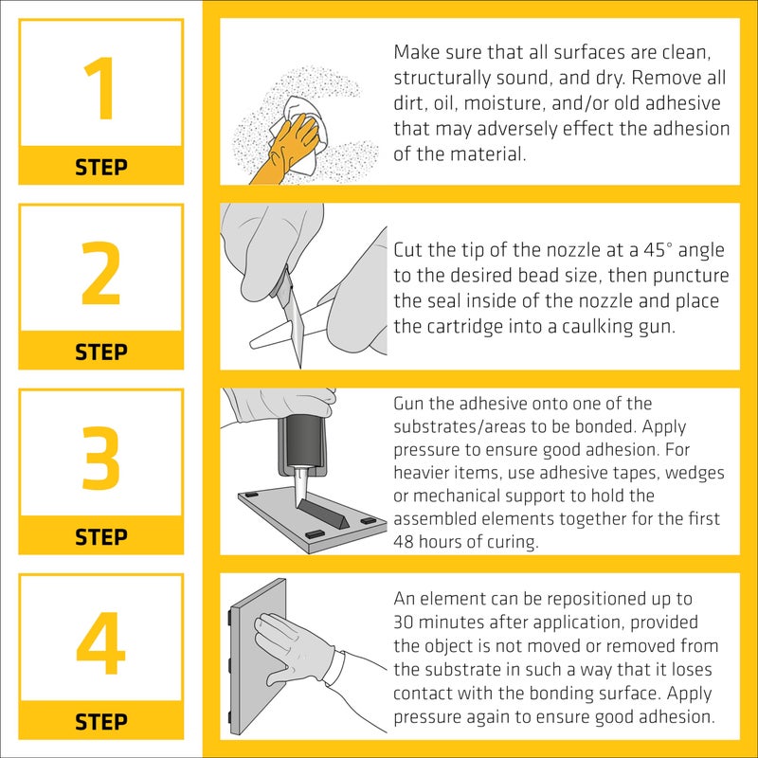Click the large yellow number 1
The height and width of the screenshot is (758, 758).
tap(101, 90)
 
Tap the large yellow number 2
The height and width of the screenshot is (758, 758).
tap(101, 275)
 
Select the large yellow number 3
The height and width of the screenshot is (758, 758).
tap(101, 460)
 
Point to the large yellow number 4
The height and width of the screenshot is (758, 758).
tap(101, 644)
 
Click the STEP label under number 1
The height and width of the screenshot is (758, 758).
tap(101, 168)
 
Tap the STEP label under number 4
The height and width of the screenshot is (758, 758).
tap(101, 722)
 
